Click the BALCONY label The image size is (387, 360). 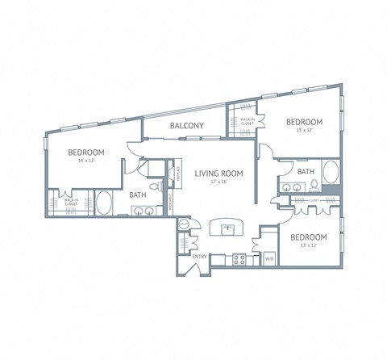tap(186, 125)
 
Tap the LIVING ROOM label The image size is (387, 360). tap(218, 172)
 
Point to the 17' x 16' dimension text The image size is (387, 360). tap(218, 181)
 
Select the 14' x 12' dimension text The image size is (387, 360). tap(85, 161)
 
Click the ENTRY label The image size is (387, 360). tap(199, 257)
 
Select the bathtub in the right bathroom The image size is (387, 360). tap(331, 174)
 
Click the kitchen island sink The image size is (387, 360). tap(228, 229)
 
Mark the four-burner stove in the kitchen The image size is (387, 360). tap(239, 260)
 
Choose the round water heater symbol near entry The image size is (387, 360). tap(184, 224)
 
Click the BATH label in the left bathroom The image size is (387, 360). tap(137, 195)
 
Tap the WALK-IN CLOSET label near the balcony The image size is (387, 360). tap(247, 121)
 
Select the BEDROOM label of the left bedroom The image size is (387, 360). tap(85, 152)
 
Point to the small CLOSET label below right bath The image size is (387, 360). tap(314, 199)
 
